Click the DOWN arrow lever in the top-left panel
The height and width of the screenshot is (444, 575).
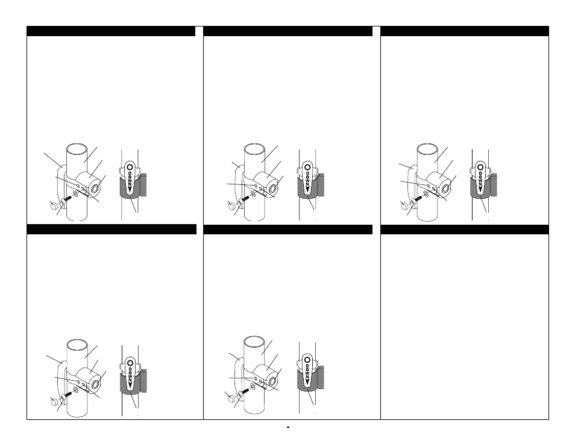click(x=130, y=178)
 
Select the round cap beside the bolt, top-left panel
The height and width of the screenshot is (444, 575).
click(x=54, y=205)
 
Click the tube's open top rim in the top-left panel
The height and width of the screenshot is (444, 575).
click(x=77, y=148)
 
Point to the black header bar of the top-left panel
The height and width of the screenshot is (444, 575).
click(x=111, y=31)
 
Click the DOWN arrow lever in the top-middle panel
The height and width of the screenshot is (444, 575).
click(x=307, y=178)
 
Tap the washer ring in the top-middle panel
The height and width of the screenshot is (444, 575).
click(x=253, y=193)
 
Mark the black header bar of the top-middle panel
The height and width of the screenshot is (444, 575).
click(x=288, y=31)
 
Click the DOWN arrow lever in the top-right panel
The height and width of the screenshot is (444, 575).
click(x=480, y=178)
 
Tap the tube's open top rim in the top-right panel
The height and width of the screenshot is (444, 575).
click(x=427, y=148)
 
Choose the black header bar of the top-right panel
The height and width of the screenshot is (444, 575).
click(x=465, y=31)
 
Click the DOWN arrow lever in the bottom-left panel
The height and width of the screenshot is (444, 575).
click(x=130, y=374)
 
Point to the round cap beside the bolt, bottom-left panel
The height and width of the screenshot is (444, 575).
click(x=54, y=401)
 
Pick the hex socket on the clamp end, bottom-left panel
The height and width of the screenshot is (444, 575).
click(x=95, y=384)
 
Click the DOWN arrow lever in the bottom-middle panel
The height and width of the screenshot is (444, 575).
click(x=307, y=371)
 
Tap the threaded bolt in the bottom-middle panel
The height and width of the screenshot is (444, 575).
click(x=245, y=392)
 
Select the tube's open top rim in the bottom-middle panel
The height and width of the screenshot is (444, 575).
click(x=254, y=340)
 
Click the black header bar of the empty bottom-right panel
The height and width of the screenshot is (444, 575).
click(x=465, y=230)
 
